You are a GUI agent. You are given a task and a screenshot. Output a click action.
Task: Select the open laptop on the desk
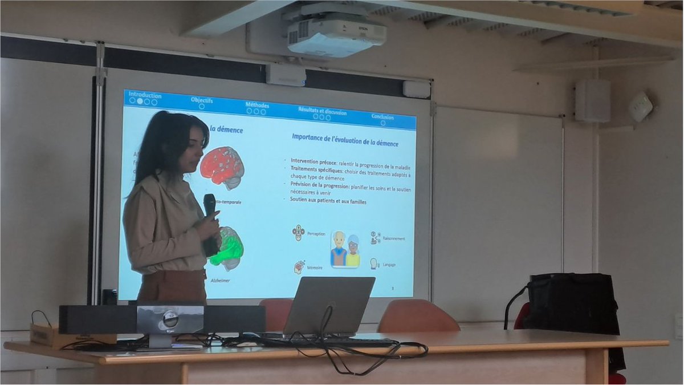click(329, 305)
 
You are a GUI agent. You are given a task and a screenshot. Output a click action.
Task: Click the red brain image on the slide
click(222, 167)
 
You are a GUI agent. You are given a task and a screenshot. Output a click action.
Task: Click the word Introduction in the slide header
click(145, 95)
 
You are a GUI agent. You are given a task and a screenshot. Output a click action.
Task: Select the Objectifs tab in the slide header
click(202, 100)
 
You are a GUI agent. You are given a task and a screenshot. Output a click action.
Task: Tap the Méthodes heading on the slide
click(258, 105)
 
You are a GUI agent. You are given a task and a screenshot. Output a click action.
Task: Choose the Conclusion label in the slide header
click(382, 117)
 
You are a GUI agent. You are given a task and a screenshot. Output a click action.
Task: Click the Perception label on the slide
click(316, 234)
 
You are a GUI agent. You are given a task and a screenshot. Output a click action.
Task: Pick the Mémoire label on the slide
click(315, 268)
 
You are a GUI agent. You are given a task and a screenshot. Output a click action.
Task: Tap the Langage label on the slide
click(389, 265)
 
